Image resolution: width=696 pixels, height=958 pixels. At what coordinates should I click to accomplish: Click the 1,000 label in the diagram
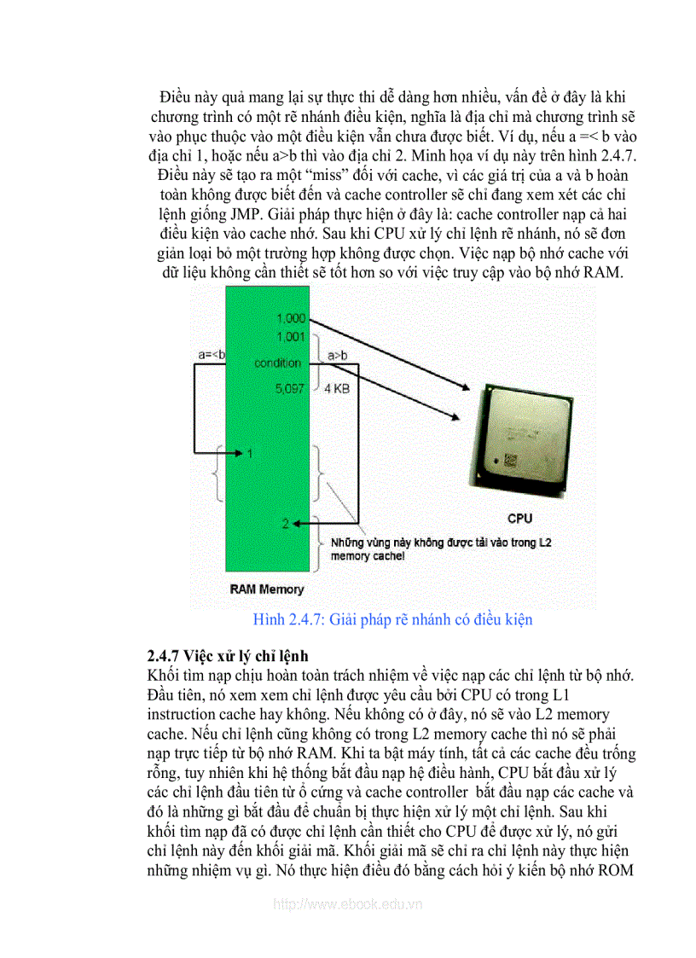291,318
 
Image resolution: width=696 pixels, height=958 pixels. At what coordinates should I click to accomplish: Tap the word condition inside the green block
277,363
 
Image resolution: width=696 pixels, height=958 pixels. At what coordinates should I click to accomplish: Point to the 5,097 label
291,388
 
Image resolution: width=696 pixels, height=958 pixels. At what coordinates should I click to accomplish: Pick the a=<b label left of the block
211,354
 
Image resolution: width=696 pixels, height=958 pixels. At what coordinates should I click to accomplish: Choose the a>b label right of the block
331,354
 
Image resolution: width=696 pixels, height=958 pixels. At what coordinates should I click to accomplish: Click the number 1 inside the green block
250,453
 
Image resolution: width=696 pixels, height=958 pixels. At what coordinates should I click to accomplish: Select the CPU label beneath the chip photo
519,518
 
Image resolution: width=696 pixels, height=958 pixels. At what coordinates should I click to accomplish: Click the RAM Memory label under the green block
267,589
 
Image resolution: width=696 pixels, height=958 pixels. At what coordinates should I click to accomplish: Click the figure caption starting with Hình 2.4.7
392,618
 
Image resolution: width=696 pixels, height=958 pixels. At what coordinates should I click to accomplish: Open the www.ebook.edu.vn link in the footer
347,904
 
